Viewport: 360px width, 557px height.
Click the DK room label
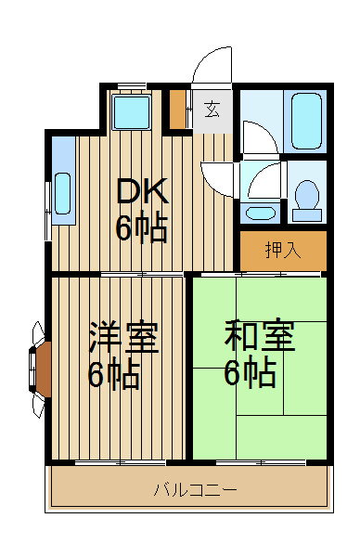pyautogui.click(x=142, y=191)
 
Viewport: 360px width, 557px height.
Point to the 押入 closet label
pyautogui.click(x=282, y=249)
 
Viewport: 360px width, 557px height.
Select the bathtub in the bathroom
pyautogui.click(x=306, y=121)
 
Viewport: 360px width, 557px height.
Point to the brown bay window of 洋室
pyautogui.click(x=42, y=369)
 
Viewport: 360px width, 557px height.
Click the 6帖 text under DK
pyautogui.click(x=142, y=227)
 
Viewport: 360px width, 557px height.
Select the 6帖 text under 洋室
pyautogui.click(x=114, y=375)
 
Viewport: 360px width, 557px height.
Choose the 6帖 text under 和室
pyautogui.click(x=251, y=373)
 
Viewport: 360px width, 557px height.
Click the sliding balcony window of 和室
pyautogui.click(x=259, y=461)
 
